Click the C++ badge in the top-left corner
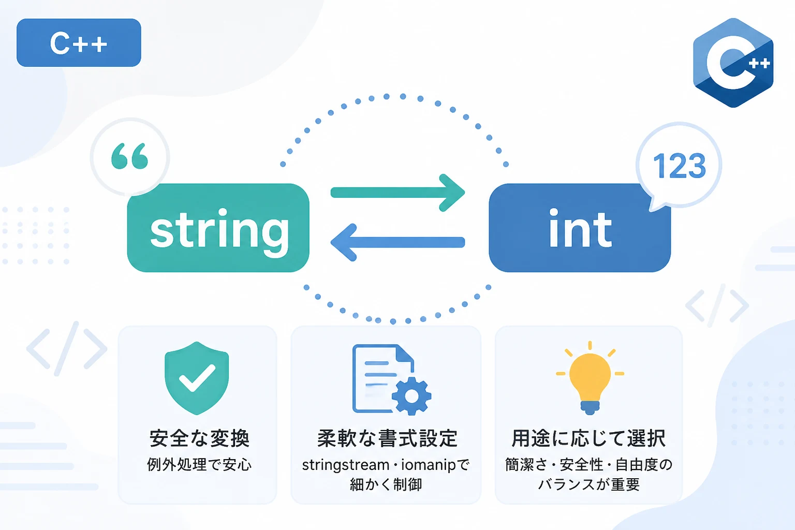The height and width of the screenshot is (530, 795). [79, 42]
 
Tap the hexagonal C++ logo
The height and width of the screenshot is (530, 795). [733, 63]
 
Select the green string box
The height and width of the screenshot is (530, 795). [218, 228]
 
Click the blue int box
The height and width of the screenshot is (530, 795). [580, 228]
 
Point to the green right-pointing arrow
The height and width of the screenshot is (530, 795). [397, 193]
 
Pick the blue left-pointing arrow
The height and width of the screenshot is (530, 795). [397, 242]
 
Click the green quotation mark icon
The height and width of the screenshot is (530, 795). [129, 156]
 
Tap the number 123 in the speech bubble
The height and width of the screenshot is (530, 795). [679, 166]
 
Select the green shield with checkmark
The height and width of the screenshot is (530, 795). [197, 378]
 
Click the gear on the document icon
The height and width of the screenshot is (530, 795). [411, 396]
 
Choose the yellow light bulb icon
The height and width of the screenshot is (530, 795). [590, 378]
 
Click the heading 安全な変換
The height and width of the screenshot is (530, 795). [199, 438]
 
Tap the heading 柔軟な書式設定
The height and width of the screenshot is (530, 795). [387, 438]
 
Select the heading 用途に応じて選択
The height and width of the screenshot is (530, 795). [588, 438]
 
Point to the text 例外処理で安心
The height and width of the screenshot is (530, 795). [199, 464]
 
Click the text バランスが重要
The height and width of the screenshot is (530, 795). [589, 484]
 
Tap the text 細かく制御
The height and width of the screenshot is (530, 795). [386, 484]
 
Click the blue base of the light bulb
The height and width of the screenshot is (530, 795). [590, 407]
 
